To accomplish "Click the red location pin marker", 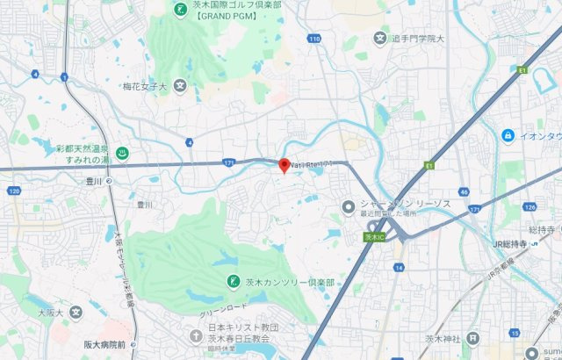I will point(284,165).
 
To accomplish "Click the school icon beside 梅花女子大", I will point(180,86).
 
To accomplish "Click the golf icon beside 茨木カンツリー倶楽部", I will point(233,281).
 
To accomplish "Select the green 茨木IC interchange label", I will point(374,237).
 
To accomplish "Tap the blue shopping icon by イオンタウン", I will point(508,135).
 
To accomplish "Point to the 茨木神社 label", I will point(443,338).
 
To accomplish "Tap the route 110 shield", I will point(314,39).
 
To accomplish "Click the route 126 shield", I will point(529,207).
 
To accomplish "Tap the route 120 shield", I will point(13,190).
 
